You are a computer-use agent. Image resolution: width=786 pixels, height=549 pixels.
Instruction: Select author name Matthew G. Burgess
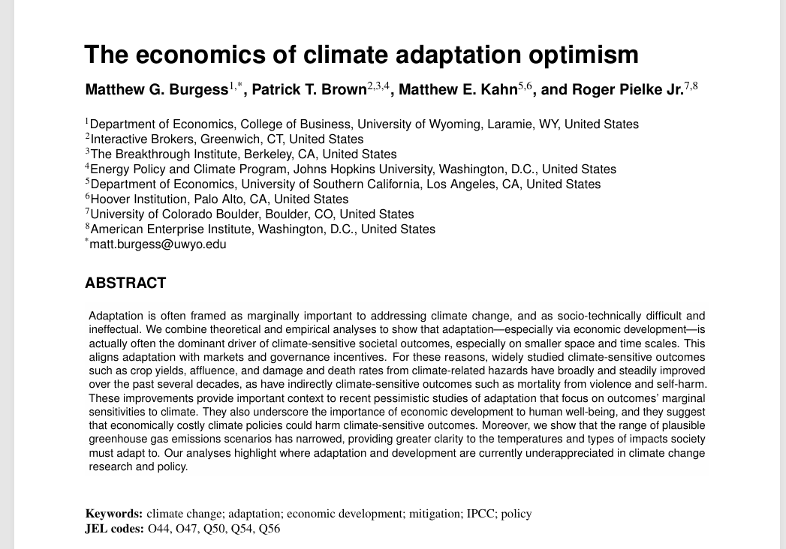[157, 90]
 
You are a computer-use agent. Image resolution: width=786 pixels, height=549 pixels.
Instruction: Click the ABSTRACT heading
[125, 283]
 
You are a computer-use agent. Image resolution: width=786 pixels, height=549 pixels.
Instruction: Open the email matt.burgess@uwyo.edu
[158, 244]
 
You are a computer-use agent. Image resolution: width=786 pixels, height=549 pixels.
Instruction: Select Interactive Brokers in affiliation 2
[140, 139]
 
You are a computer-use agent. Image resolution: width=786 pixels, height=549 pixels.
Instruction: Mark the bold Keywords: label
[114, 514]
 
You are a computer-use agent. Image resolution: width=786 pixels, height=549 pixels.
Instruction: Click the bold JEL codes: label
[115, 529]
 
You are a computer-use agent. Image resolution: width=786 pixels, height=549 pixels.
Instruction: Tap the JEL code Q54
[240, 529]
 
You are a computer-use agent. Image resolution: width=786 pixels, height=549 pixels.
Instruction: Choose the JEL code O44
[158, 529]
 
